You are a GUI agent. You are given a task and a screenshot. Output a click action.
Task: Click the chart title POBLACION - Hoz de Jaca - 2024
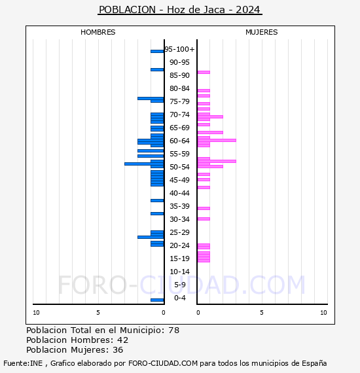tap(179, 10)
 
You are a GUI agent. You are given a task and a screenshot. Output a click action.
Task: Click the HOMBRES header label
tap(98, 32)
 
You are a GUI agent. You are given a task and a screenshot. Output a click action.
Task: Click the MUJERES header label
tap(261, 32)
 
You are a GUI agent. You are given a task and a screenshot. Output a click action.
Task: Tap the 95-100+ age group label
tap(179, 49)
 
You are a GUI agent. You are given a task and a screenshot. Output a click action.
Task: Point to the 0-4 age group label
tap(180, 298)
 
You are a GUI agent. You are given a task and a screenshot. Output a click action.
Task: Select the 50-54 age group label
tap(179, 167)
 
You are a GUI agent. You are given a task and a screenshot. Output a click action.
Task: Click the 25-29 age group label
tap(179, 232)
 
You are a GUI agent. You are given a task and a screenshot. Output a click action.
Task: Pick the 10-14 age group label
tap(179, 272)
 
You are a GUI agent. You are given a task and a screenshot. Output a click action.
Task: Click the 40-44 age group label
tap(179, 193)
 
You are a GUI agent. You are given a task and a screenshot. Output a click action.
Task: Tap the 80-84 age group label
tap(179, 88)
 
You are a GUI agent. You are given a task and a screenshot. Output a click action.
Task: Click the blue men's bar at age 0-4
tap(157, 300)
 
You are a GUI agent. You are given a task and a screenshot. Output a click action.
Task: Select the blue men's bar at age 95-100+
tap(157, 51)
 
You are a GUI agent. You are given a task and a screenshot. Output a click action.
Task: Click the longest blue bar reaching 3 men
tap(144, 164)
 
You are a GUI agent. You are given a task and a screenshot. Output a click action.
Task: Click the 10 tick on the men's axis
tap(36, 313)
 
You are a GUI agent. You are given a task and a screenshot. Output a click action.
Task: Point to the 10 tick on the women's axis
tap(323, 313)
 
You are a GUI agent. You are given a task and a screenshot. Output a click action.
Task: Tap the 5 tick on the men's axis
tap(98, 313)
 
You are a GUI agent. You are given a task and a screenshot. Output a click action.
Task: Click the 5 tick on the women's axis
tap(261, 313)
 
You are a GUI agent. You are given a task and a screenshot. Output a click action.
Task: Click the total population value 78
tap(173, 330)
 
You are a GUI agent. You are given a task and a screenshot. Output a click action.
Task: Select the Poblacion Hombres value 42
tap(122, 340)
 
